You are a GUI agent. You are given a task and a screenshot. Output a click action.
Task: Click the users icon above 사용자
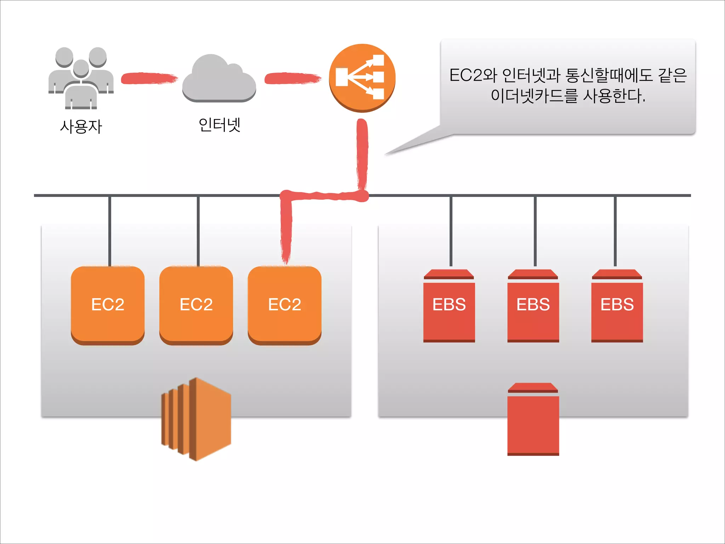tap(81, 78)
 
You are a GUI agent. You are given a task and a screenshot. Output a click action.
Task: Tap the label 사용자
tap(81, 126)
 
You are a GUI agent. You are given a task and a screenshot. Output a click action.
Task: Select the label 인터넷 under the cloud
tap(219, 125)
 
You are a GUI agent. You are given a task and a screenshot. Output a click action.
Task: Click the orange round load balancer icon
tap(362, 77)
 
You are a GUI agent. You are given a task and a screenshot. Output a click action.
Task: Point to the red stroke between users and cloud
tap(149, 78)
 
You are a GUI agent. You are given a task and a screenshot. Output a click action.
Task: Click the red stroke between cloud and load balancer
tap(292, 78)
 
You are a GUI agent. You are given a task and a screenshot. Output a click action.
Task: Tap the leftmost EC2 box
tap(108, 305)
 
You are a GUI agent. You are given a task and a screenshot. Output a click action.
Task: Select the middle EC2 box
tap(196, 305)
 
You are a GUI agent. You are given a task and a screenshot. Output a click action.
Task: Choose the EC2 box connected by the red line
tap(285, 305)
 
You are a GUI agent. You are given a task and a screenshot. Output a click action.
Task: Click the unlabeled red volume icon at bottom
tap(533, 421)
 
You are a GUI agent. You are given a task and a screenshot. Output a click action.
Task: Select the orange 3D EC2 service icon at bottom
tap(197, 419)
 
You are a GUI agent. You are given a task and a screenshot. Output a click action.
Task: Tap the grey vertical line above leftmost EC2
tap(110, 230)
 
